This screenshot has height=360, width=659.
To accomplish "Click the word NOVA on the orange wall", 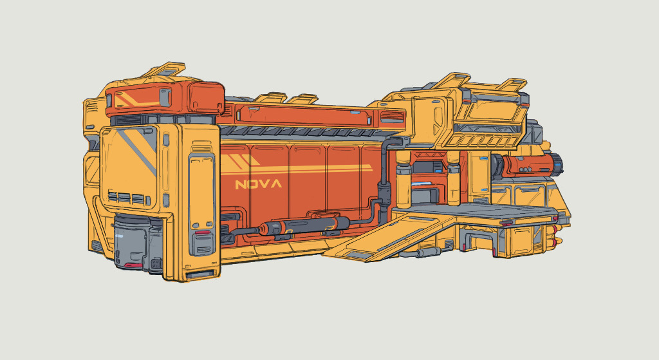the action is (x=259, y=184).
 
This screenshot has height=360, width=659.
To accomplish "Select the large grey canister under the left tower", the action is (x=130, y=242).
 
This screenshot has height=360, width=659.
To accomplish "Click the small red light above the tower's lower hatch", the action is (x=202, y=232).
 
